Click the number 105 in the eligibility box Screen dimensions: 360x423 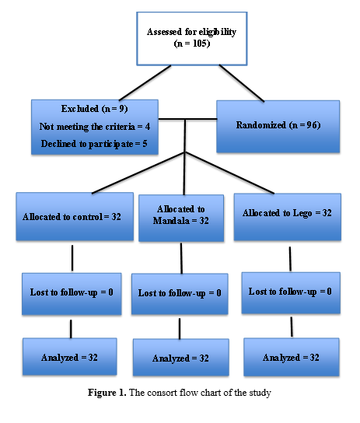pyautogui.click(x=200, y=44)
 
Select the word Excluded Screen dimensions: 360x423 pyautogui.click(x=80, y=109)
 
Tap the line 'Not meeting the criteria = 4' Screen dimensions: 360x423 pyautogui.click(x=95, y=127)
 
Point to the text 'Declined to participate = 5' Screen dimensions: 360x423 pyautogui.click(x=94, y=144)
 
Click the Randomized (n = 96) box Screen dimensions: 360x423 pyautogui.click(x=278, y=127)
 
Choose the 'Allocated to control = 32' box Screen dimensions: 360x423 pyautogui.click(x=75, y=216)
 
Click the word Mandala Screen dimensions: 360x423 pyautogui.click(x=171, y=221)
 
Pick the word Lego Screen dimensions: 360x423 pyautogui.click(x=302, y=213)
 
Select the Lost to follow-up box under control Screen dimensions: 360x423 pyautogui.click(x=72, y=294)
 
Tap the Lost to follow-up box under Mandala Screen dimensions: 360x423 pyautogui.click(x=180, y=294)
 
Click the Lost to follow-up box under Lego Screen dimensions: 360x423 pyautogui.click(x=291, y=293)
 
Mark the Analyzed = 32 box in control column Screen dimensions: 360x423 pyautogui.click(x=70, y=357)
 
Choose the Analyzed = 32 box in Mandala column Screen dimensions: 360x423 pyautogui.click(x=181, y=358)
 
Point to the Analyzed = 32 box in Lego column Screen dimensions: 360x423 pyautogui.click(x=292, y=357)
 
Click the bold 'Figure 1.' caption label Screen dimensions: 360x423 pyautogui.click(x=107, y=393)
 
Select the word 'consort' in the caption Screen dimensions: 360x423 pyautogui.click(x=162, y=393)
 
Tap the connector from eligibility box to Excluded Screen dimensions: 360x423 pyautogui.click(x=145, y=83)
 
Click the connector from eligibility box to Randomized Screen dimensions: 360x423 pyautogui.click(x=242, y=83)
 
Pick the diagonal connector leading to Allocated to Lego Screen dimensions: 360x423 pyautogui.click(x=229, y=173)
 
